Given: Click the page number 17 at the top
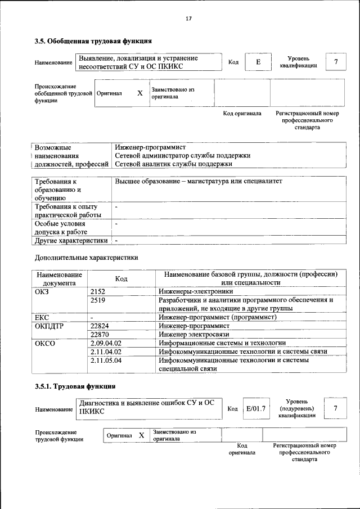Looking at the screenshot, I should point(189,19).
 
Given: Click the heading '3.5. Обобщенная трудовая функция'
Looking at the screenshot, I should point(93,41).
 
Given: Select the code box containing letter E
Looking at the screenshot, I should point(258,62).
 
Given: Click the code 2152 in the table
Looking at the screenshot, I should point(98,291).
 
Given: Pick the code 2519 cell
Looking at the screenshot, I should point(98,300).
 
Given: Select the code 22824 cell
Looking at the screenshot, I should point(100,326).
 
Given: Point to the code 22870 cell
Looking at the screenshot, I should point(100,334).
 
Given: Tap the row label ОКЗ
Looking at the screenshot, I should point(42,291).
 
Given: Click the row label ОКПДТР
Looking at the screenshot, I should point(49,326).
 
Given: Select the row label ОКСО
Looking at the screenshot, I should point(44,343).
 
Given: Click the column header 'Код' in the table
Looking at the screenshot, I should point(121,278).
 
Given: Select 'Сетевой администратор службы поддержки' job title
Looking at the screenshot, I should point(182,156).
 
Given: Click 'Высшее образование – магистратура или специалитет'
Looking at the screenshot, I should point(198,182).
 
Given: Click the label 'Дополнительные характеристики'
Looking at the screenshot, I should point(86,258).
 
